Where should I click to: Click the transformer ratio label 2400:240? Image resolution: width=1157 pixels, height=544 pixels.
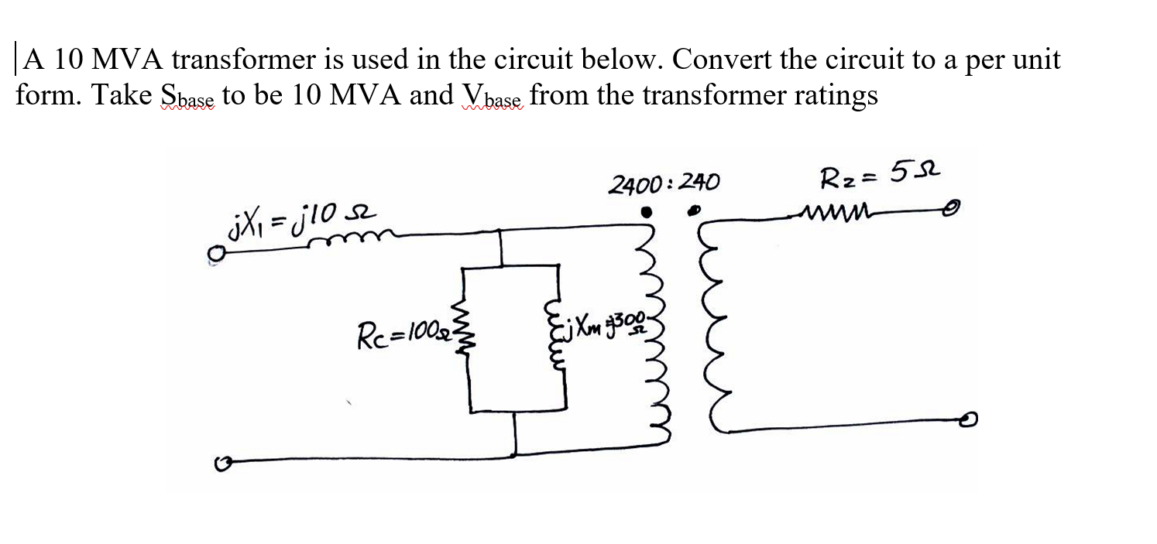pyautogui.click(x=664, y=183)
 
